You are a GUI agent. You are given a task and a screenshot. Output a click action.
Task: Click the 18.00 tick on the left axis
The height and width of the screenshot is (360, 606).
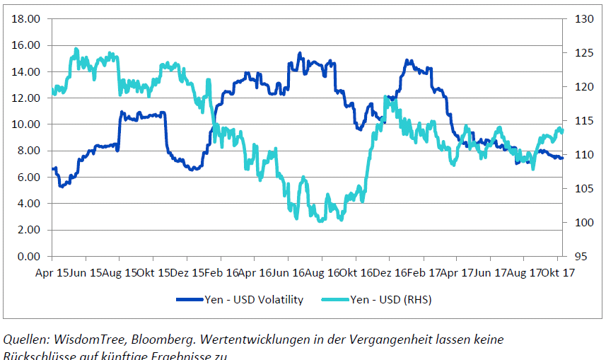tap(26, 19)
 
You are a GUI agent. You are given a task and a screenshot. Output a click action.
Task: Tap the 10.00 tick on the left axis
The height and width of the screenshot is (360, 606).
tap(26, 124)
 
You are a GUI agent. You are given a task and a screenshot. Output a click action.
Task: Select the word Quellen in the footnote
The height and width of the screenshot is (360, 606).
tap(27, 339)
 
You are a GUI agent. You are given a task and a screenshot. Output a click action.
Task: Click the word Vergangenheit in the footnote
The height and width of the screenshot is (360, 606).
tap(368, 339)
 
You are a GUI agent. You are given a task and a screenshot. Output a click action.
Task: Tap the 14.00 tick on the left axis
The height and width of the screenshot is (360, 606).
tap(26, 71)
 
